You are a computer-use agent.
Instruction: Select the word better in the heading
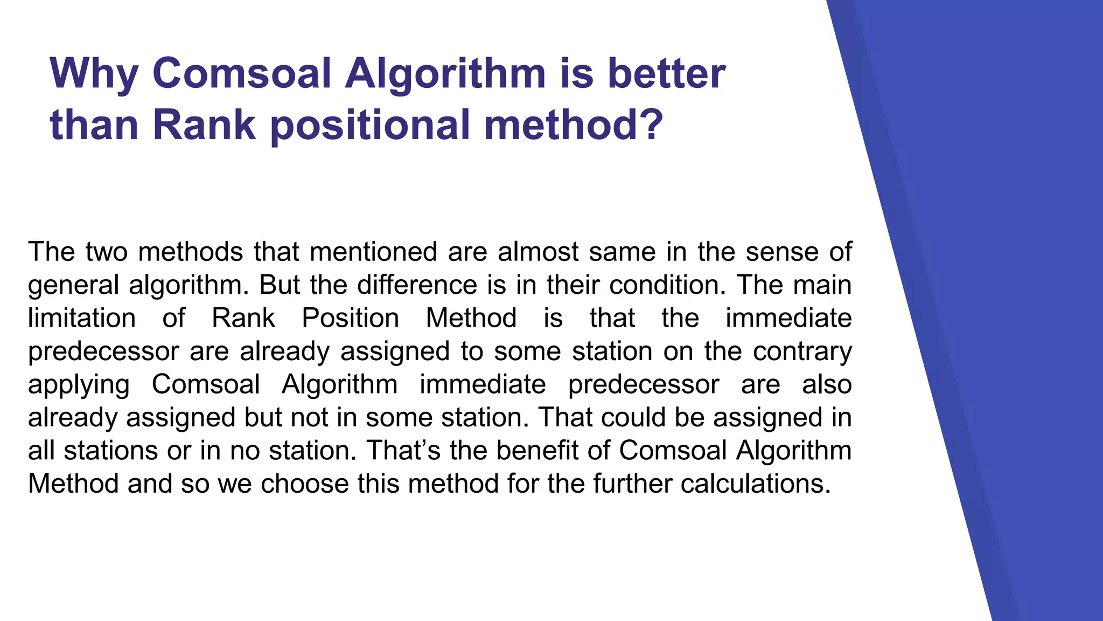(666, 74)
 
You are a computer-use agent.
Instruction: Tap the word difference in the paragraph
(417, 285)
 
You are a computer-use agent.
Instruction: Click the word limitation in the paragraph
(82, 318)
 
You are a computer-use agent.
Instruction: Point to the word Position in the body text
(350, 318)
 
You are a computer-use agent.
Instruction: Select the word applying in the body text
(79, 385)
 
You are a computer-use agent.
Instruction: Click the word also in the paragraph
(827, 385)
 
